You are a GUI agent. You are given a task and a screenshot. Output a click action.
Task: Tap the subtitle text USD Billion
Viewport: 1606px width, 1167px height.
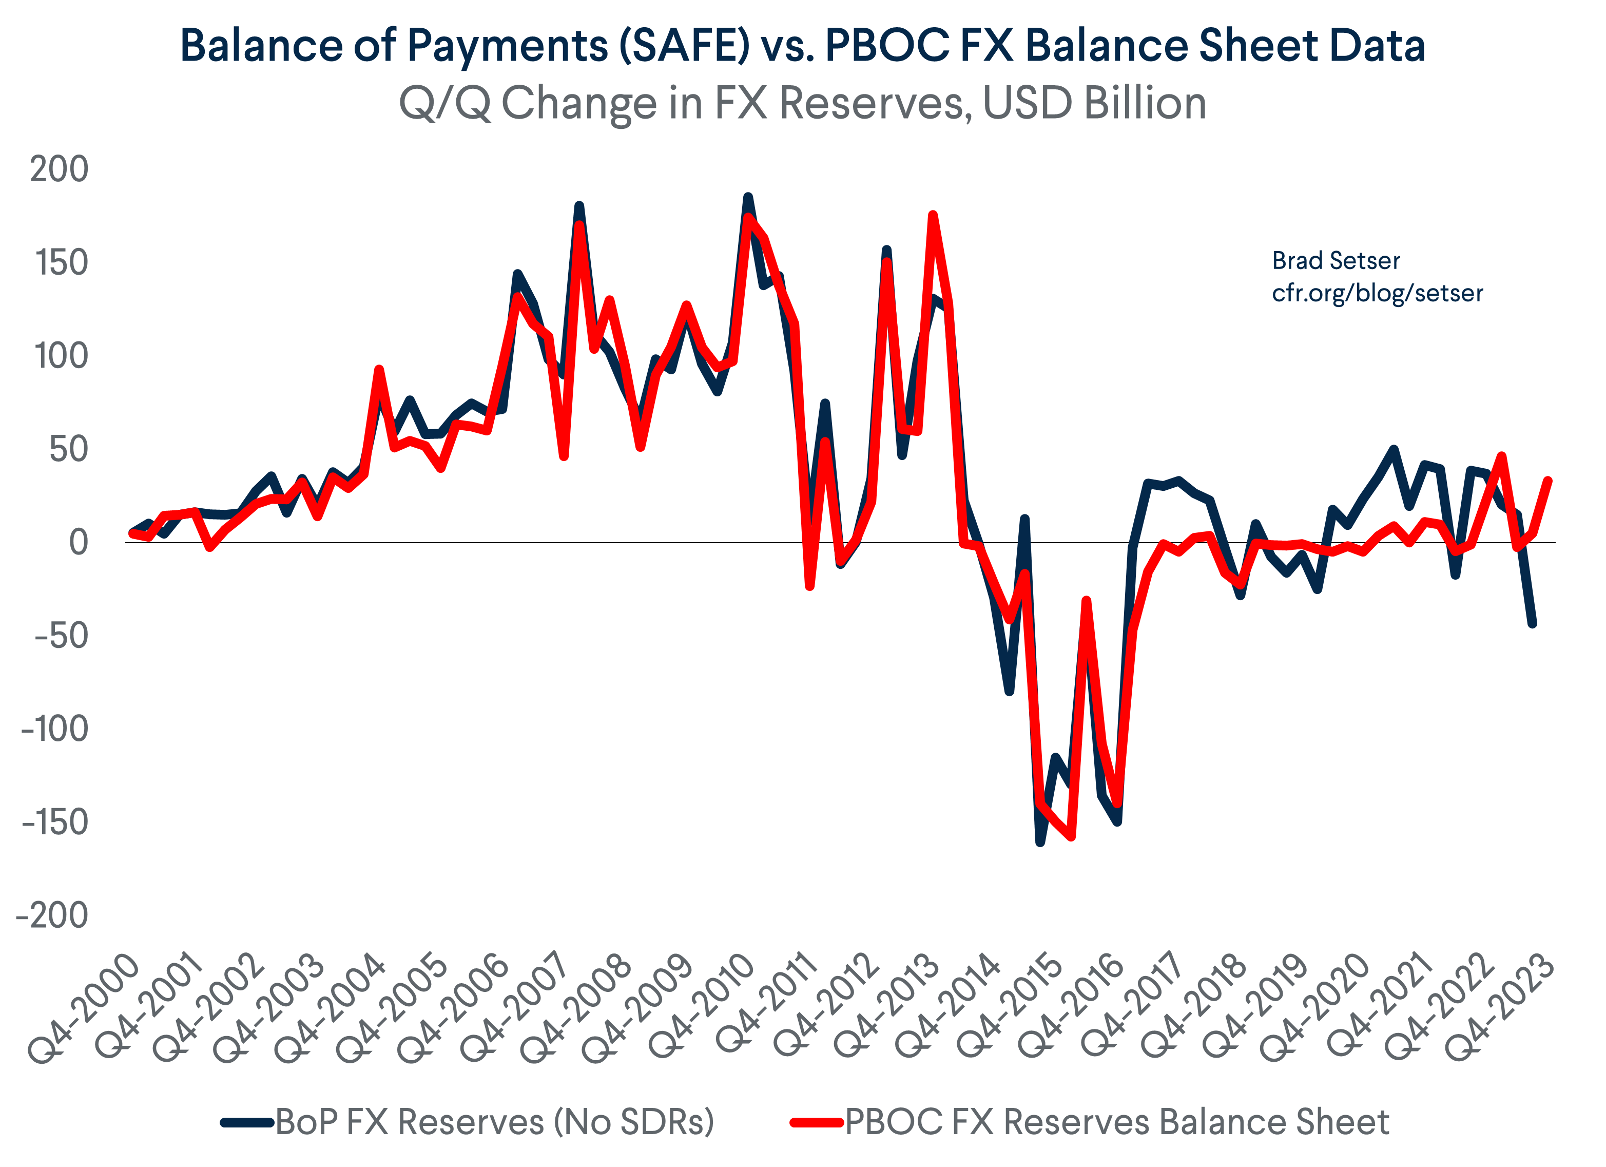[x=1095, y=103]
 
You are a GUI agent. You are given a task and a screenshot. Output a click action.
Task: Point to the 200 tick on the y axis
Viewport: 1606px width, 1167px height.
[x=59, y=169]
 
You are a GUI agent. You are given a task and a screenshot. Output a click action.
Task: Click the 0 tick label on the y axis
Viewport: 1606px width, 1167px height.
[x=78, y=543]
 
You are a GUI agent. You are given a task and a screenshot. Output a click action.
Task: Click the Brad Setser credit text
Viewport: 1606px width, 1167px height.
[x=1336, y=261]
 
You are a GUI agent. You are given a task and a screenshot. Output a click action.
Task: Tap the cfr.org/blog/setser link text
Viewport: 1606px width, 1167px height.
[x=1377, y=293]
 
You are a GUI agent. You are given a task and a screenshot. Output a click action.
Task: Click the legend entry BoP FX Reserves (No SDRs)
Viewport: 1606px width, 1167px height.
[x=494, y=1122]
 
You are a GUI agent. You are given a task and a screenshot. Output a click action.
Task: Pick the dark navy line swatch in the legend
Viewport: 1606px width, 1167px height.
[x=246, y=1122]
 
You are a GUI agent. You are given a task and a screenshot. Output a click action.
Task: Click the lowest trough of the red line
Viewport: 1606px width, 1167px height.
[x=1071, y=836]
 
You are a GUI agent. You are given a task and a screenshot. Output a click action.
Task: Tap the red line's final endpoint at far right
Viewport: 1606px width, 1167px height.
[x=1548, y=481]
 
